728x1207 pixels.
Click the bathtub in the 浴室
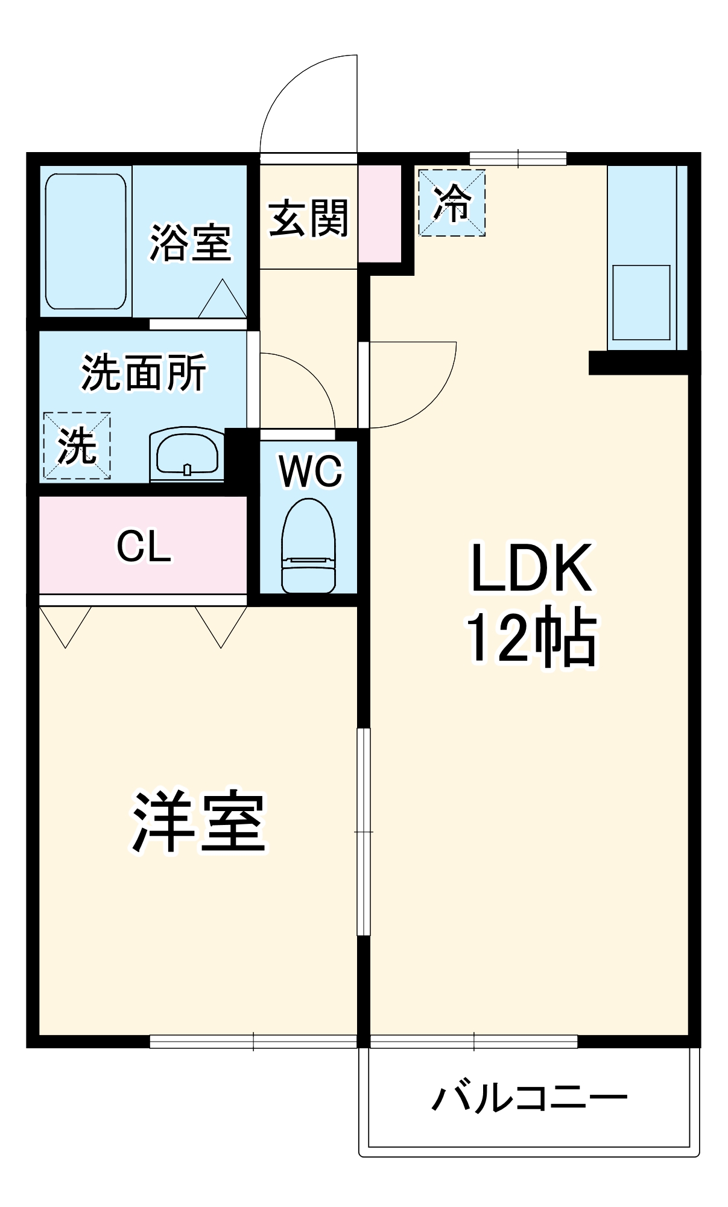click(86, 241)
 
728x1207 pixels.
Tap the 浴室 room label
click(190, 243)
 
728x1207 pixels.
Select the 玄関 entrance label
click(308, 218)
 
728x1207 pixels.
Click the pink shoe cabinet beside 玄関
click(380, 214)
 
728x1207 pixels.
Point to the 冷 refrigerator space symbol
click(452, 203)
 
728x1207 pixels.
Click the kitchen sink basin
click(641, 302)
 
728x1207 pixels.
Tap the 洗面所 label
click(144, 372)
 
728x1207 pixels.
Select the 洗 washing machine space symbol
click(77, 446)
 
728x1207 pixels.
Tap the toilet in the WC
click(308, 546)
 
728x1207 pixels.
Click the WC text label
click(310, 471)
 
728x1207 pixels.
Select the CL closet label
click(144, 547)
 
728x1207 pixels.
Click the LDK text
click(531, 568)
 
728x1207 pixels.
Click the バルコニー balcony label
click(530, 1097)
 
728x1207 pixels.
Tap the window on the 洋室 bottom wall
click(253, 1041)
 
